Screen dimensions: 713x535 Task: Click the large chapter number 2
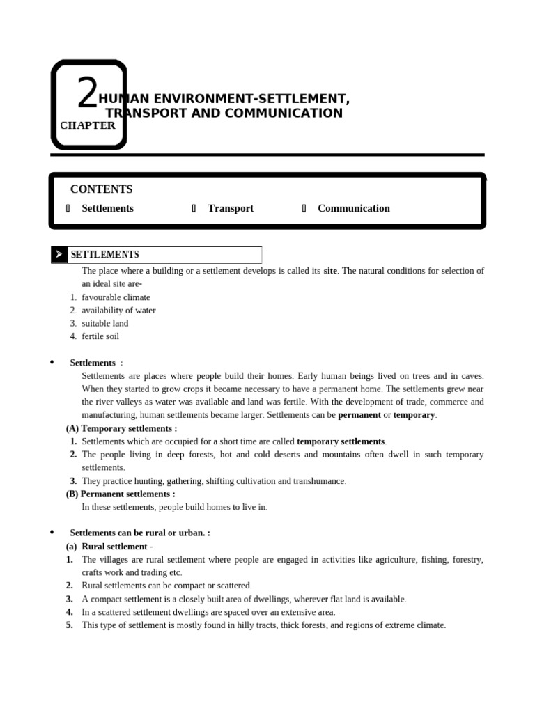pyautogui.click(x=87, y=95)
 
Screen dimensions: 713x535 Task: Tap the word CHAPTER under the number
pyautogui.click(x=88, y=126)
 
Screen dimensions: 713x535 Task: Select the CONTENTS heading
pyautogui.click(x=101, y=189)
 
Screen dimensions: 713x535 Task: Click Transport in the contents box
pyautogui.click(x=230, y=208)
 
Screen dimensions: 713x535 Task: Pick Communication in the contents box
pyautogui.click(x=353, y=208)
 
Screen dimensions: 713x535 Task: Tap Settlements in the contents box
pyautogui.click(x=107, y=208)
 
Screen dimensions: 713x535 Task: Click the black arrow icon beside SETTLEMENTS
pyautogui.click(x=59, y=255)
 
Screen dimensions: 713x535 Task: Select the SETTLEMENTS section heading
pyautogui.click(x=104, y=255)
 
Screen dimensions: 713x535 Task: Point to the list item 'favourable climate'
pyautogui.click(x=116, y=297)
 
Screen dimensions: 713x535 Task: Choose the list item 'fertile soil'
pyautogui.click(x=100, y=336)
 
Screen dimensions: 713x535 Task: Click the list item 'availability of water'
pyautogui.click(x=118, y=311)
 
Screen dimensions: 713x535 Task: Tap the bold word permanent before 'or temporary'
pyautogui.click(x=359, y=415)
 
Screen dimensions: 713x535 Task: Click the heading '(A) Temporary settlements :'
pyautogui.click(x=121, y=428)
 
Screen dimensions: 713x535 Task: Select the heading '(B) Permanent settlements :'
pyautogui.click(x=121, y=494)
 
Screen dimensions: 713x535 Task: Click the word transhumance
pyautogui.click(x=319, y=481)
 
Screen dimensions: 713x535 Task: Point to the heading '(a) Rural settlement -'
pyautogui.click(x=109, y=547)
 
